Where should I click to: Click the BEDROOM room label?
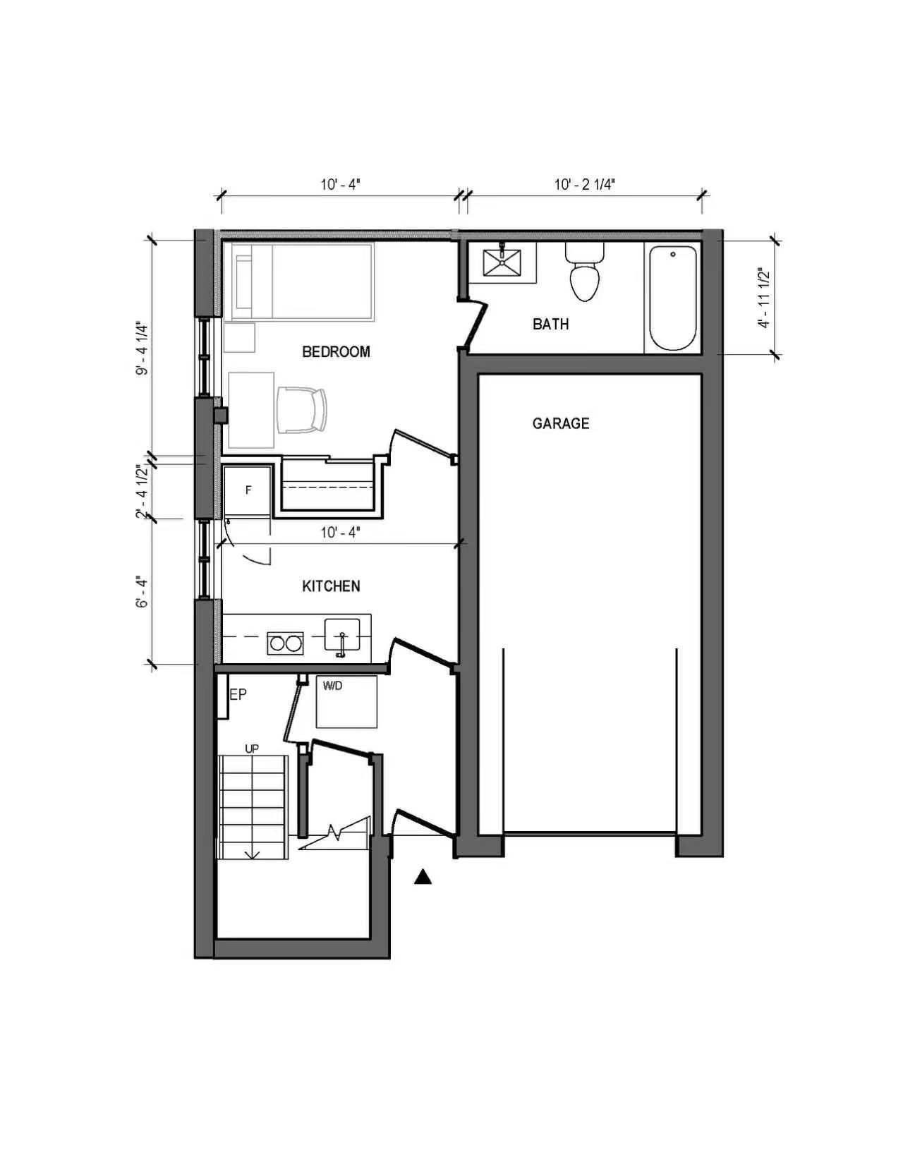tap(336, 352)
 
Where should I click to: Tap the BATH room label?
tap(551, 324)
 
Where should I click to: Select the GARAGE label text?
tap(561, 423)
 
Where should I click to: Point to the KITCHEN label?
tap(331, 586)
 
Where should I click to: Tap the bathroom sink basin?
tap(502, 262)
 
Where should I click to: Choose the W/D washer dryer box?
tap(346, 702)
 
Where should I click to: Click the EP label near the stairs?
tap(238, 694)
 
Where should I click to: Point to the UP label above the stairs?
tap(252, 749)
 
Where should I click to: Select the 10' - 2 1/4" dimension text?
tap(585, 185)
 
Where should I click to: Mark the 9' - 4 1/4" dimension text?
tap(141, 349)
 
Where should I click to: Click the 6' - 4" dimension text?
tap(141, 593)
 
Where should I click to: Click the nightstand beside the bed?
tap(239, 337)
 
